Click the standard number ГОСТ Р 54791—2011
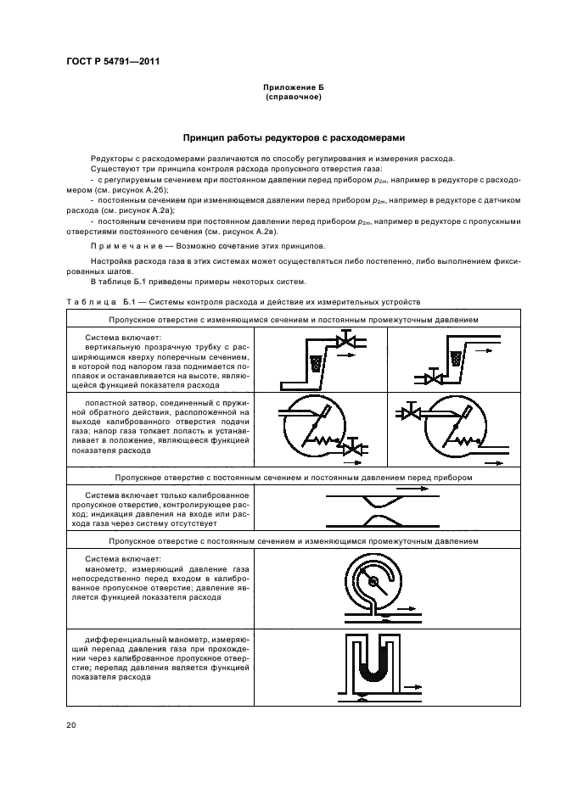click(113, 62)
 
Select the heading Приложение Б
click(280, 88)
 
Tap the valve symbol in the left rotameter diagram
click(345, 341)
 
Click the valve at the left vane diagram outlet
click(353, 446)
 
